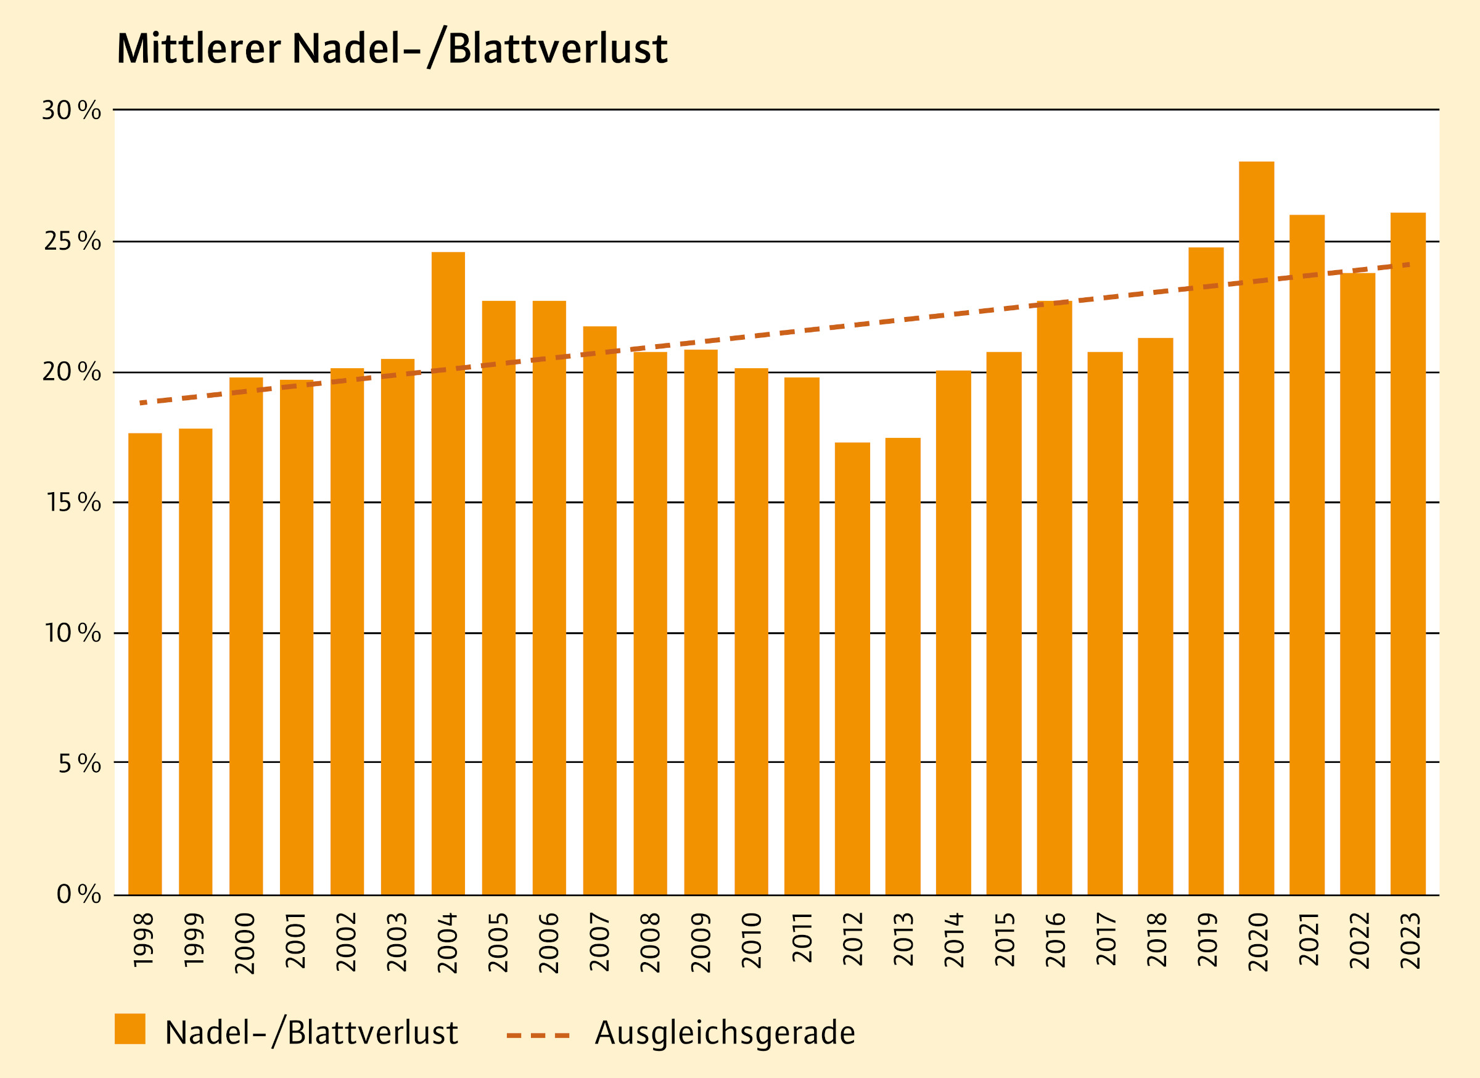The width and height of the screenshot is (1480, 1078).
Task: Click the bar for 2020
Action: pyautogui.click(x=1256, y=529)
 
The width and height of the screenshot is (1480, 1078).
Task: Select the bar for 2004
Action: pyautogui.click(x=448, y=574)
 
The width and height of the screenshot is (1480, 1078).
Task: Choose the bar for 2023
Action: pyautogui.click(x=1408, y=554)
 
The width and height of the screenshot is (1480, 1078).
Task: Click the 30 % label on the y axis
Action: pyautogui.click(x=72, y=111)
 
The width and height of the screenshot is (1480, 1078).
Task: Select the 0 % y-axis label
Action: pyautogui.click(x=78, y=894)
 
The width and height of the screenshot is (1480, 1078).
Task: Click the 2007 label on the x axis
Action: pyautogui.click(x=599, y=942)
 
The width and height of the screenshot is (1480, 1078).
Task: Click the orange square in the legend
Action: pyautogui.click(x=130, y=1029)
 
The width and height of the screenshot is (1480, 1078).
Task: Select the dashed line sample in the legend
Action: pyautogui.click(x=538, y=1035)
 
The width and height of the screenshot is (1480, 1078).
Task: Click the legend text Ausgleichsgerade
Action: pyautogui.click(x=725, y=1033)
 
